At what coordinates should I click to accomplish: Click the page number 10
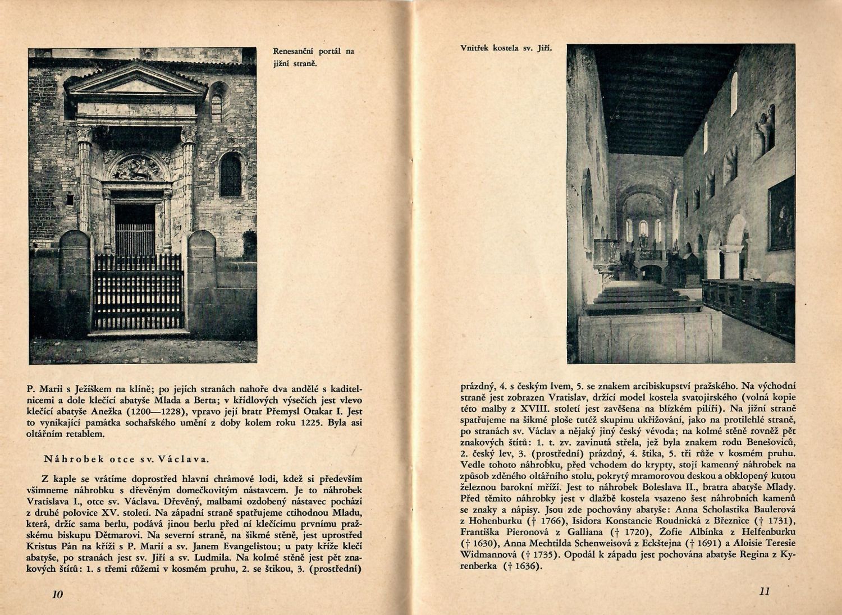click(x=56, y=595)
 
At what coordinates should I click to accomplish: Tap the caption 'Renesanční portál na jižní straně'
click(x=313, y=57)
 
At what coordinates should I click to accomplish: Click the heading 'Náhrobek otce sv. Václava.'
click(x=126, y=459)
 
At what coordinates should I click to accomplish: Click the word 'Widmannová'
click(x=487, y=555)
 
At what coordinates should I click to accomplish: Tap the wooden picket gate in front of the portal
click(x=138, y=292)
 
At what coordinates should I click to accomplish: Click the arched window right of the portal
click(x=230, y=174)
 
